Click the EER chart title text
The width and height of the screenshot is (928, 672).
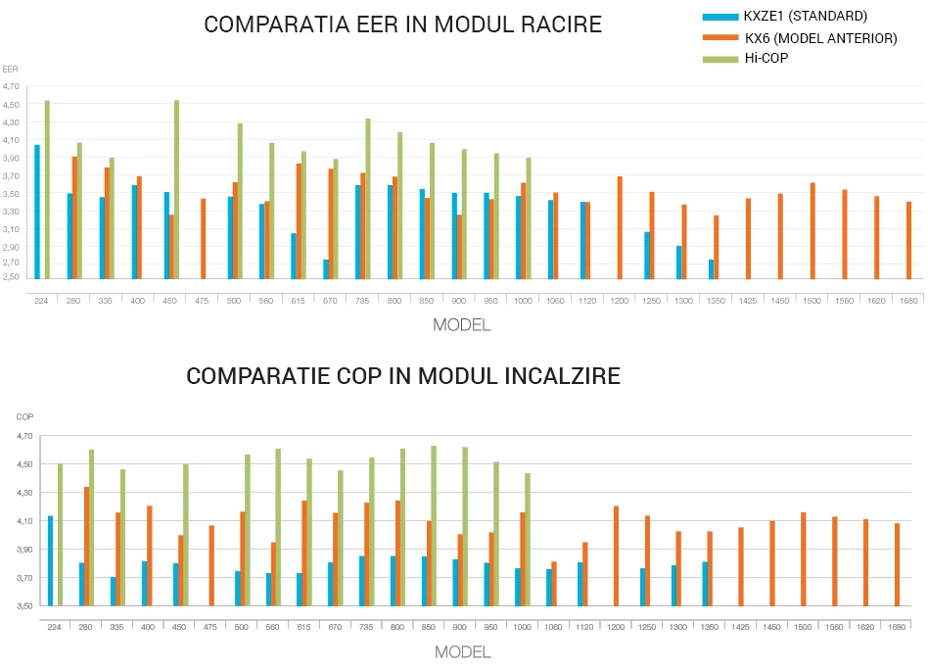402,24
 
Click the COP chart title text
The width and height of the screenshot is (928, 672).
402,376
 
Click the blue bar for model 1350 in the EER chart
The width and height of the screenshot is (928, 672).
711,268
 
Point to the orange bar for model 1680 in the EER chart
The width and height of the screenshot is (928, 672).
909,240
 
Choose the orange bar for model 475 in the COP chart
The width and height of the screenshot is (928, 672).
211,565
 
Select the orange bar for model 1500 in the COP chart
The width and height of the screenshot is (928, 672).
803,558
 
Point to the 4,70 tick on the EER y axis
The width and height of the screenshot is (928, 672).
12,86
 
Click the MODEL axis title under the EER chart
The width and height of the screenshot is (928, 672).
462,324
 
